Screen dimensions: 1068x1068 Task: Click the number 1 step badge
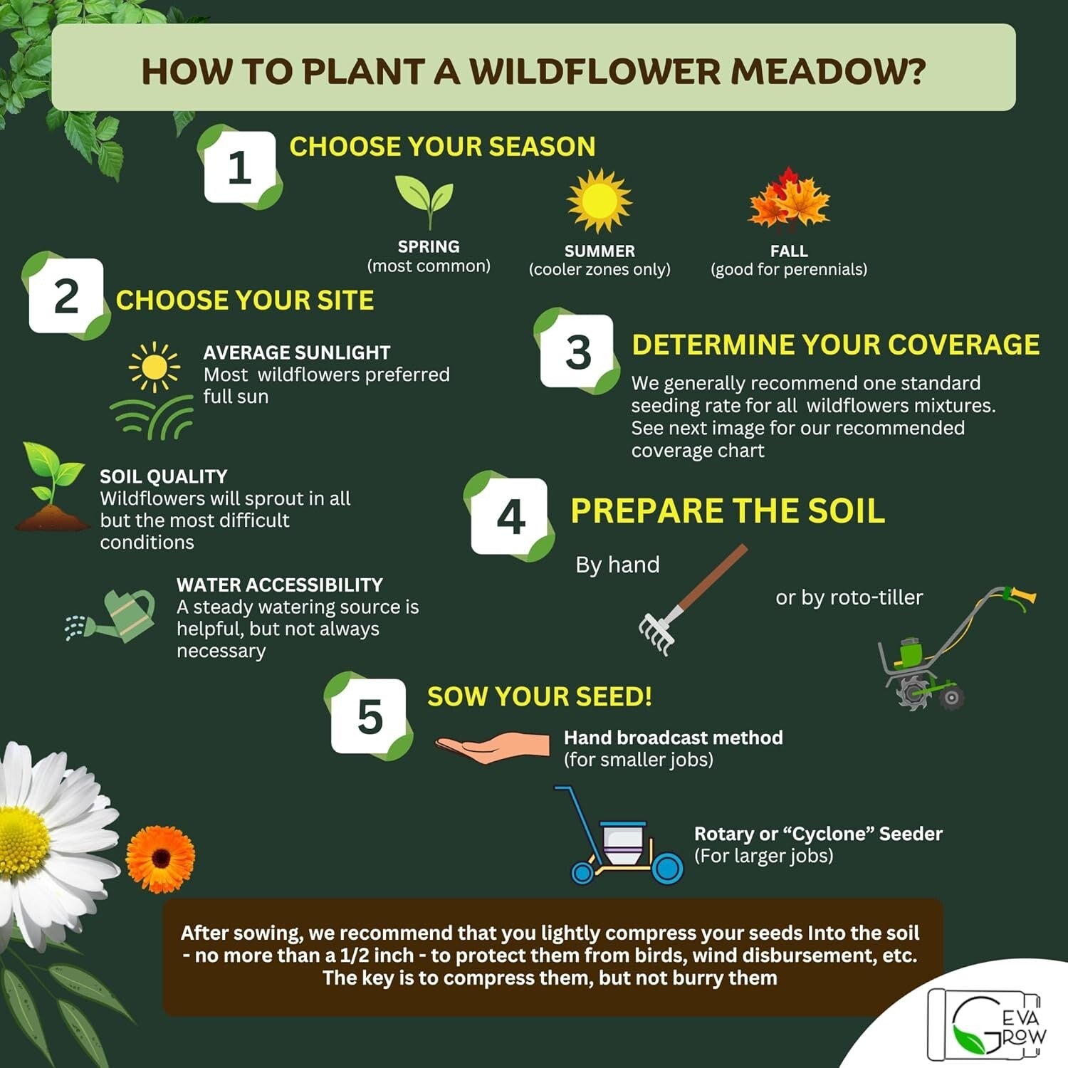[239, 167]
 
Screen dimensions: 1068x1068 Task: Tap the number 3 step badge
[577, 352]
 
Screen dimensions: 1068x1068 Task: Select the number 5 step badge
[370, 716]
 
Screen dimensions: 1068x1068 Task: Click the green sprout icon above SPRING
[425, 201]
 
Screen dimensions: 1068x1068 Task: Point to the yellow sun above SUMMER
[599, 201]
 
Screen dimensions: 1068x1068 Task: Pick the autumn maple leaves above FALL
[789, 200]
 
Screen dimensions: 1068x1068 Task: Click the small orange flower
[160, 859]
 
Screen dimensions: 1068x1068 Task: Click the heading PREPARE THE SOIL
[728, 511]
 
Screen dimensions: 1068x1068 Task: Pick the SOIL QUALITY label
[163, 476]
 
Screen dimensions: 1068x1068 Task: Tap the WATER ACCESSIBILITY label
[279, 585]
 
